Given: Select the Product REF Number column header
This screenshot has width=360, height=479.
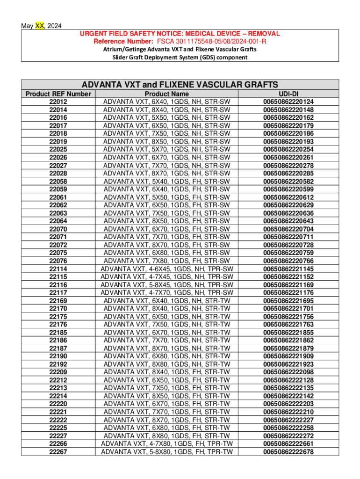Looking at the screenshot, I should click(x=58, y=94).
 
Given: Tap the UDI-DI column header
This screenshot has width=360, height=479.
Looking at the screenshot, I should click(x=288, y=94).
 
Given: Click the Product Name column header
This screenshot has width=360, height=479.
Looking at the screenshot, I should click(x=167, y=94).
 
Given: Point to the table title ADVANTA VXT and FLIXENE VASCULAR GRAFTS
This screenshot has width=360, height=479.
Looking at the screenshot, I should click(x=180, y=85).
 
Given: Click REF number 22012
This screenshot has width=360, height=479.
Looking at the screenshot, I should click(x=58, y=102).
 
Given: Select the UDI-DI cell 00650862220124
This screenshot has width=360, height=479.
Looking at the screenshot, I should click(x=288, y=102).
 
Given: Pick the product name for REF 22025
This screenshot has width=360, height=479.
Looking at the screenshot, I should click(x=167, y=149).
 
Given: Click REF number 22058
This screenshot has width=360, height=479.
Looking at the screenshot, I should click(x=58, y=181).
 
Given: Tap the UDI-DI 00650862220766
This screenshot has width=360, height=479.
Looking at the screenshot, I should click(x=288, y=261).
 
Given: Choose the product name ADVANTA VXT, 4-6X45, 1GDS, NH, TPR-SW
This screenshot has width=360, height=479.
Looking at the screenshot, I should click(x=167, y=269).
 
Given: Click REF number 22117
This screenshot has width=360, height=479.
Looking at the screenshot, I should click(x=58, y=292).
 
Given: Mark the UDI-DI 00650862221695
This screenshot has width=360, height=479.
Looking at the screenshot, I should click(x=288, y=300).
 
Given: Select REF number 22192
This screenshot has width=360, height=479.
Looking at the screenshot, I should click(x=58, y=364).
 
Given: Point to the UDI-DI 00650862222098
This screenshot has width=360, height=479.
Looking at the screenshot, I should click(x=288, y=372).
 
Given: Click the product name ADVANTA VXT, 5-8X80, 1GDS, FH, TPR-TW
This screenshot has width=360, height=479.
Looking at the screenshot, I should click(x=167, y=451).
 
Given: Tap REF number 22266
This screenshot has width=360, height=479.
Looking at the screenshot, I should click(x=58, y=443).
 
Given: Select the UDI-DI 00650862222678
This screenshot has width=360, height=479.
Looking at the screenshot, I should click(x=288, y=451).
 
